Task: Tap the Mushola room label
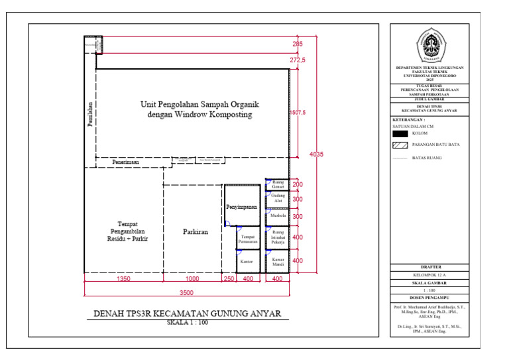[x=278, y=216]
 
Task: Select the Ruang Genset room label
[x=278, y=184]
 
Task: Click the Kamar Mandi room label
[x=278, y=262]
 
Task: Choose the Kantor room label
[x=247, y=262]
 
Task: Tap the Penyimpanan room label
[x=242, y=207]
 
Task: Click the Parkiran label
[x=196, y=232]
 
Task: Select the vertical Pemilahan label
[x=89, y=116]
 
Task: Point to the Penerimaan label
[x=125, y=161]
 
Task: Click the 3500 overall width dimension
[x=187, y=293]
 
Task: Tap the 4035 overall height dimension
[x=317, y=154]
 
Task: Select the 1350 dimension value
[x=123, y=280]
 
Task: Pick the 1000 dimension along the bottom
[x=192, y=280]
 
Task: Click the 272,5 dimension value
[x=298, y=60]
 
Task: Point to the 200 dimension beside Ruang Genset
[x=298, y=184]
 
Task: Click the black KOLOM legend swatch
[x=399, y=133]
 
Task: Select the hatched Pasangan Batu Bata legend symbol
[x=399, y=145]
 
